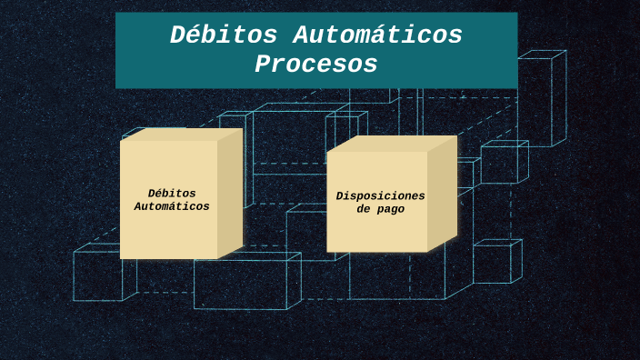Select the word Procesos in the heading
coord(316,65)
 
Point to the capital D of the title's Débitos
coord(179,35)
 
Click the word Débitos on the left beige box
coord(172,193)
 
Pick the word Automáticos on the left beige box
coord(172,206)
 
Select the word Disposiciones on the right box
coord(380,195)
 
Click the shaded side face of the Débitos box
coord(230,193)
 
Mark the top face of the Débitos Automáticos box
coord(182,134)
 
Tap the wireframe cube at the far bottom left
coord(98,275)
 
